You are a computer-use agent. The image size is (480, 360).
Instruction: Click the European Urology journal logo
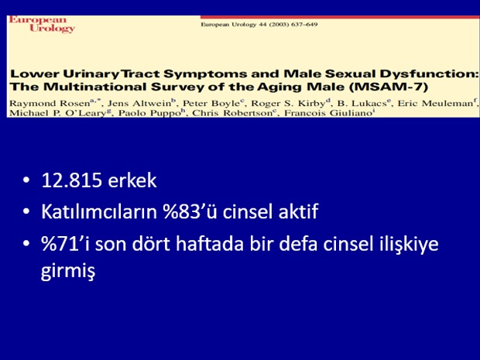42,24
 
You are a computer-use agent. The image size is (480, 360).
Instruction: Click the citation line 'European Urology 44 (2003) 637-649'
259,25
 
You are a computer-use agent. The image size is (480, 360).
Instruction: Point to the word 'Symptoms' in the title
205,74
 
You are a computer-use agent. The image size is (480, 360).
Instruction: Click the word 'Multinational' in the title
94,87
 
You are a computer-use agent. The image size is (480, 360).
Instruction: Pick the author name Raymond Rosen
50,103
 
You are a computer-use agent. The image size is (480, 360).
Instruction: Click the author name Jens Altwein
139,103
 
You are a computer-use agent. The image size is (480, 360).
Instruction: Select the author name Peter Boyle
211,103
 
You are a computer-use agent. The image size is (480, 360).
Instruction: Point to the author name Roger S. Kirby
288,103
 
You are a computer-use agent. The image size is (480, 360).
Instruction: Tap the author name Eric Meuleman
435,103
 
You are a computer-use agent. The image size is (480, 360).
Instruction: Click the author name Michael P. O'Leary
57,113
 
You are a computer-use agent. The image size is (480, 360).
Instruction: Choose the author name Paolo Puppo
149,113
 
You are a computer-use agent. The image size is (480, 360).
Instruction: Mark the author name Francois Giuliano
327,113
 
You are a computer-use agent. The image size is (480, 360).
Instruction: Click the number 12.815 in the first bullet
71,180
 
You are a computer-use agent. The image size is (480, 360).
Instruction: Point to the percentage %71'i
65,244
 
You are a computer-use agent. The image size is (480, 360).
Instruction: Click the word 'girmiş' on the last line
68,271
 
